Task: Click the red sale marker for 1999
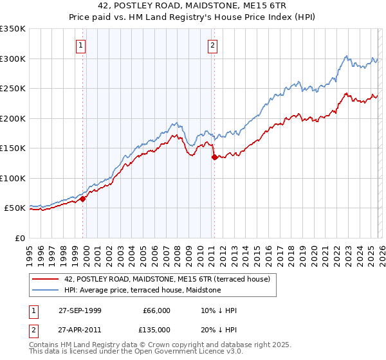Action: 83,199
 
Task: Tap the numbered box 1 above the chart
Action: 80,45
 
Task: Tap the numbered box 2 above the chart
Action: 212,45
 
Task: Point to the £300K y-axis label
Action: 13,59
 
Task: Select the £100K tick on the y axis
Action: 13,178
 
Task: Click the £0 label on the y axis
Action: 19,238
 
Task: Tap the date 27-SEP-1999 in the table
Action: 80,310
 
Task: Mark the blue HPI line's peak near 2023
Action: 345,56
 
